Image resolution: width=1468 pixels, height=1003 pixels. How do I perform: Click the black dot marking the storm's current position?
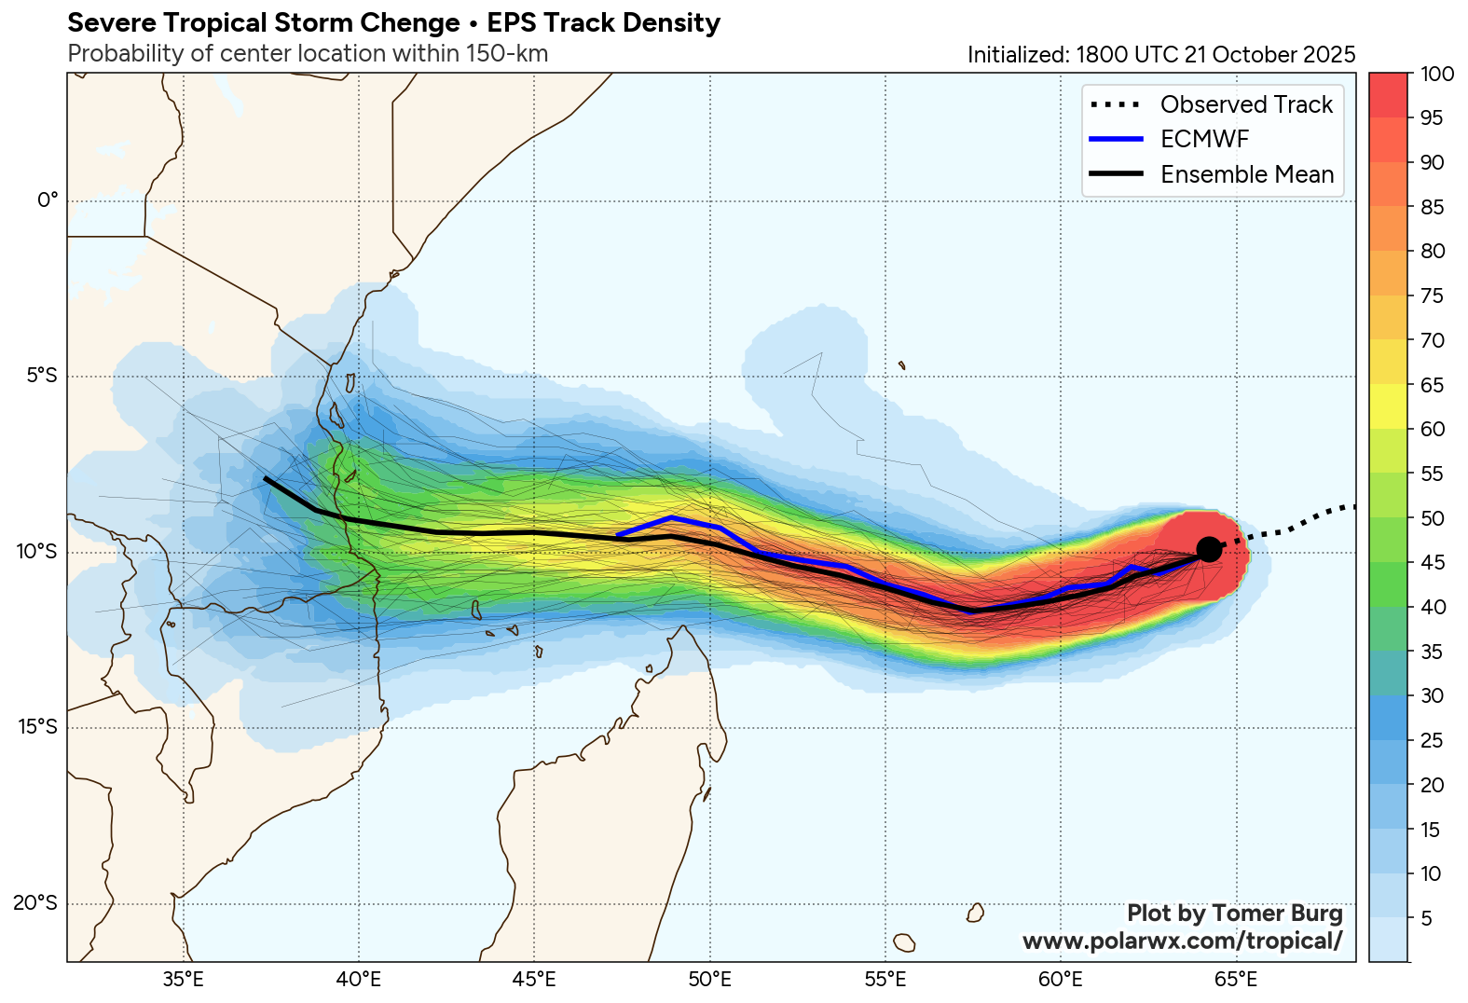(1208, 549)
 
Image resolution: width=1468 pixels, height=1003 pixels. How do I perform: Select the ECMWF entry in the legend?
(1204, 140)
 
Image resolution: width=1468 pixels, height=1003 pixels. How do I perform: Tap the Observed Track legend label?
(1246, 104)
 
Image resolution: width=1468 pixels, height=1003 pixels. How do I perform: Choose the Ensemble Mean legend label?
(1246, 174)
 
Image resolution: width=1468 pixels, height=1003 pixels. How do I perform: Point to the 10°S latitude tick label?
(36, 552)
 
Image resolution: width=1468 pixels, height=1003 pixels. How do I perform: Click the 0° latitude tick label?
(47, 200)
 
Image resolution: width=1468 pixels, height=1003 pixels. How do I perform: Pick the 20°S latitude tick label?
(35, 903)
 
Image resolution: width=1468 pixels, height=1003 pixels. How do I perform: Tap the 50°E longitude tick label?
(710, 980)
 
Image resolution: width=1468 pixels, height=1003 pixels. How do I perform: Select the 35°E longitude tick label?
(184, 980)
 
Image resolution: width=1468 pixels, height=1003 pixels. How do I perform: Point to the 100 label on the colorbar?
(1436, 75)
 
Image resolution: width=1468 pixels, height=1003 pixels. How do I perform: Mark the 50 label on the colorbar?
(1432, 519)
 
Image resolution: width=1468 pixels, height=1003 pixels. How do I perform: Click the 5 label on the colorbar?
(1426, 919)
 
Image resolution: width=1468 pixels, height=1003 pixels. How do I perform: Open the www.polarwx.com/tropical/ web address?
(1182, 941)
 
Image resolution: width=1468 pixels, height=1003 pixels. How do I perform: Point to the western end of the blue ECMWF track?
(618, 535)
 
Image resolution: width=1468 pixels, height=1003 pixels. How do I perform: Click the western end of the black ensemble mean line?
(266, 478)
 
